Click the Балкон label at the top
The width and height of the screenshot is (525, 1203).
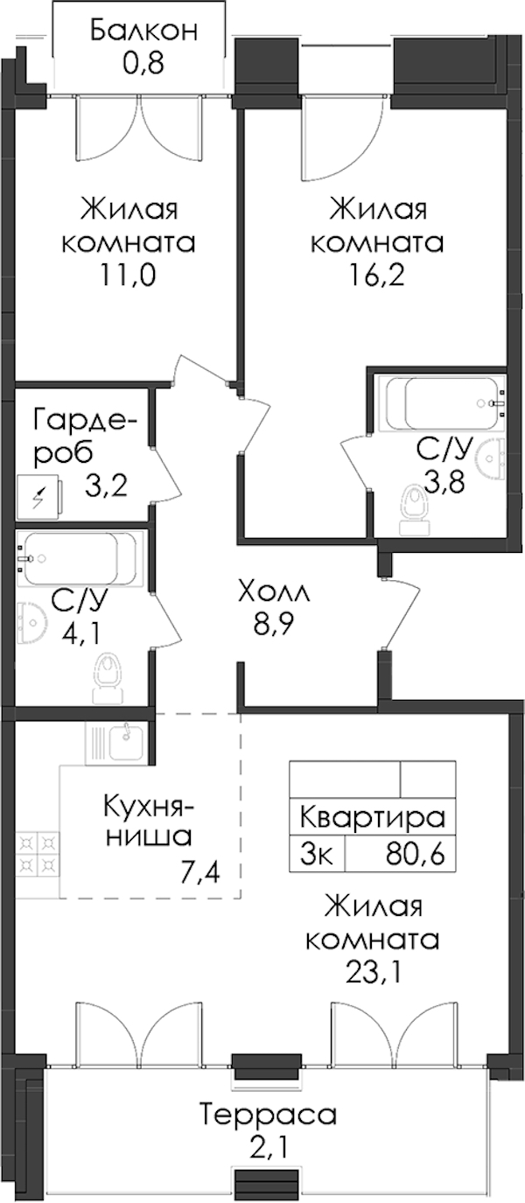[x=144, y=31]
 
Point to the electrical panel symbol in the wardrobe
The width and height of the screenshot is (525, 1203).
[x=38, y=497]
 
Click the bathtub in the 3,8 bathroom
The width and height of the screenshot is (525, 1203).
[x=442, y=402]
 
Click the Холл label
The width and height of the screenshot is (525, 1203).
[x=275, y=595]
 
